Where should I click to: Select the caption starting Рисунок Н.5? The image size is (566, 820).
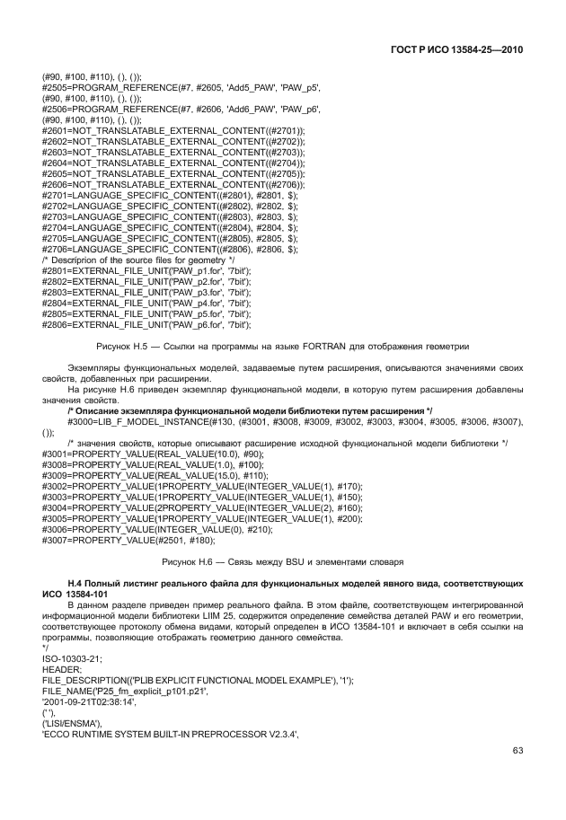pyautogui.click(x=283, y=346)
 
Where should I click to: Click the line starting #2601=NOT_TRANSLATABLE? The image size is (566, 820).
pyautogui.click(x=173, y=130)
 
